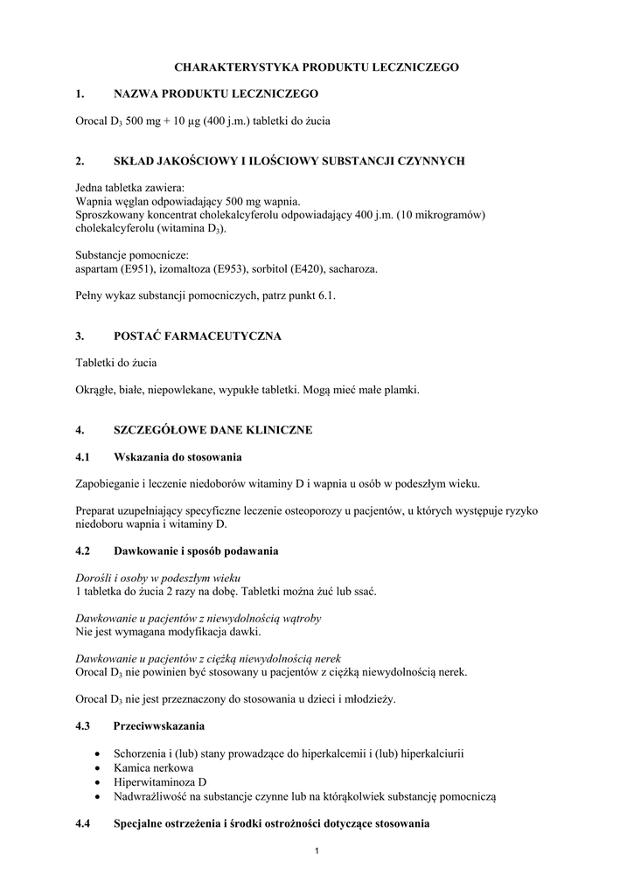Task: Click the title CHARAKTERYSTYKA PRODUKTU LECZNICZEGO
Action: (317, 66)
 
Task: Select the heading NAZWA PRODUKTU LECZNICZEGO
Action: (216, 93)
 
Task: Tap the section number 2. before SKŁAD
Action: (80, 161)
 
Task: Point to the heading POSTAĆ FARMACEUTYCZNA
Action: (198, 336)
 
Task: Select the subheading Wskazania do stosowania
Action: (178, 457)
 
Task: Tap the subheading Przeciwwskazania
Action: (158, 726)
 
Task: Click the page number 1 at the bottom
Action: (317, 852)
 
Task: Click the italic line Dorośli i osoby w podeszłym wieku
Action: (158, 578)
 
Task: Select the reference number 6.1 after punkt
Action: (326, 296)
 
